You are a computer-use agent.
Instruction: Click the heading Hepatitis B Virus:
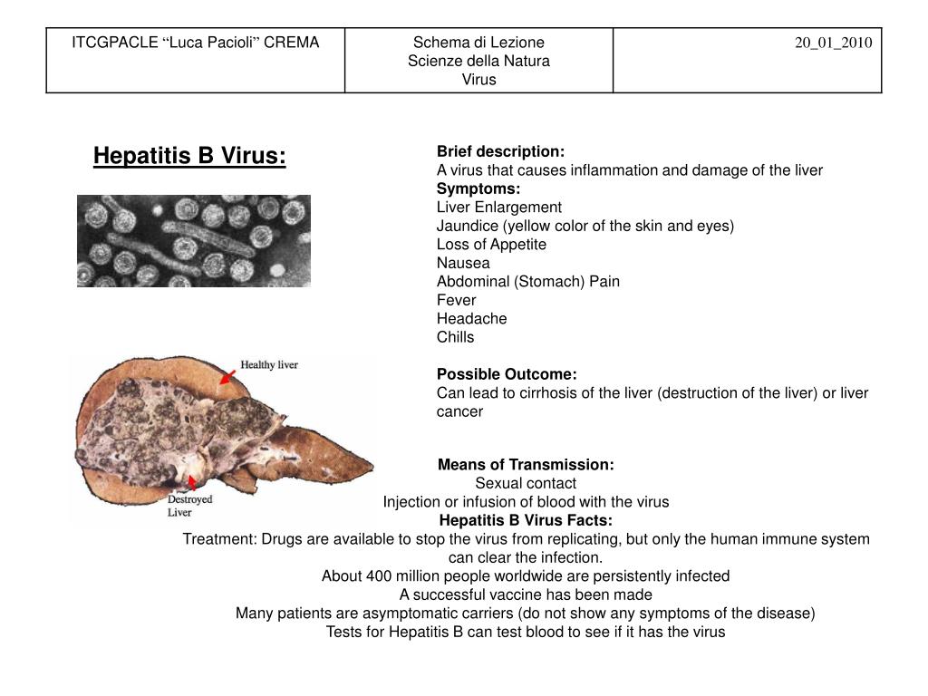click(x=189, y=157)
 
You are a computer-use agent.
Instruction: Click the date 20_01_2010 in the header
click(x=834, y=43)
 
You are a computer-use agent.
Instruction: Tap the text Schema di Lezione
click(x=478, y=42)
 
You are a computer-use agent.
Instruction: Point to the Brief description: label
click(x=500, y=151)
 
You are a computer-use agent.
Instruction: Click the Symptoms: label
click(x=478, y=188)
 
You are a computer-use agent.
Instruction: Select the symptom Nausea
click(x=463, y=263)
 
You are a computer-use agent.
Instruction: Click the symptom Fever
click(x=456, y=300)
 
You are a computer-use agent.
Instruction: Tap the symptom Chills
click(x=455, y=337)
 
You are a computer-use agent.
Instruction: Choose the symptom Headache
click(x=471, y=318)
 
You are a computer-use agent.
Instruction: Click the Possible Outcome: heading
click(x=507, y=374)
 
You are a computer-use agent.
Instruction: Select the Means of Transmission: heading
click(x=526, y=465)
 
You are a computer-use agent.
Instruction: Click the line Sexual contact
click(x=526, y=483)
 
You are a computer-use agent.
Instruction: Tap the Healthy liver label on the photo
click(x=269, y=365)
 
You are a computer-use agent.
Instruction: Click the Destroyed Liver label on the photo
click(x=189, y=506)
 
